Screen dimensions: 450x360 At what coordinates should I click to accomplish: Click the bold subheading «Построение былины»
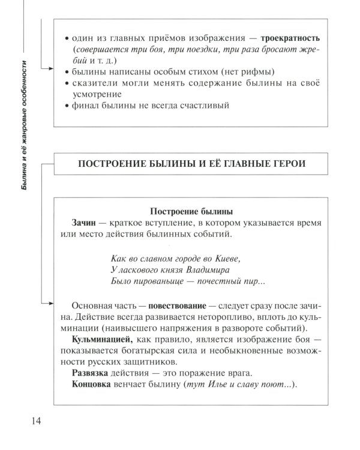tap(190, 211)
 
